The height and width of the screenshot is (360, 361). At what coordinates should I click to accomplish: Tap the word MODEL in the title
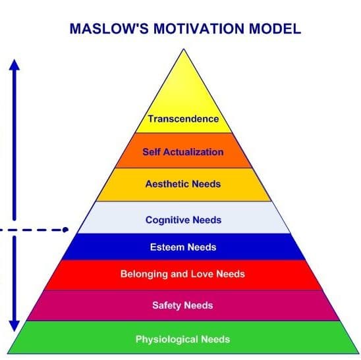coord(275,29)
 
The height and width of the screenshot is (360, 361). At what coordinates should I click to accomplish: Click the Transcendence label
coord(183,119)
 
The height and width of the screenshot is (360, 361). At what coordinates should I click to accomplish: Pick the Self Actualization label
coord(183,152)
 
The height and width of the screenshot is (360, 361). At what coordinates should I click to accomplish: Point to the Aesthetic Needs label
coord(183,184)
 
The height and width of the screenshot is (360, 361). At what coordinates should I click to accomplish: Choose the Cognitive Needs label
coord(184,220)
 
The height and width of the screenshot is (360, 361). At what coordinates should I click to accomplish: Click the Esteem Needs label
coord(183,247)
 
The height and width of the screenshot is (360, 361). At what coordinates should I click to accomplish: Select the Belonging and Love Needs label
coord(182,274)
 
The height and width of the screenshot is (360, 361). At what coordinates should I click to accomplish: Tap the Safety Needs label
coord(182,306)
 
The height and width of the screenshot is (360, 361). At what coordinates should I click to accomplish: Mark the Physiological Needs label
coord(182,340)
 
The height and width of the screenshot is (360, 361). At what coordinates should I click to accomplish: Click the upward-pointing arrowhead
coord(14,64)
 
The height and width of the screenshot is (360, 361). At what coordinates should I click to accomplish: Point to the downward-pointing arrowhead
coord(14,326)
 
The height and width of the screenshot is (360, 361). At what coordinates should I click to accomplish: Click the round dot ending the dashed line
coord(65,230)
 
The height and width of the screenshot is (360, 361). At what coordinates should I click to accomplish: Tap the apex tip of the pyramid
coord(184,49)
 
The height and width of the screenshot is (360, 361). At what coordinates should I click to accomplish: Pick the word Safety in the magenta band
coord(167,306)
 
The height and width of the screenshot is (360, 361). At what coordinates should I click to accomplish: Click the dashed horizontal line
coord(33,230)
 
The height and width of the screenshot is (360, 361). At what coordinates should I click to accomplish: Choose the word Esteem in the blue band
coord(167,247)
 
